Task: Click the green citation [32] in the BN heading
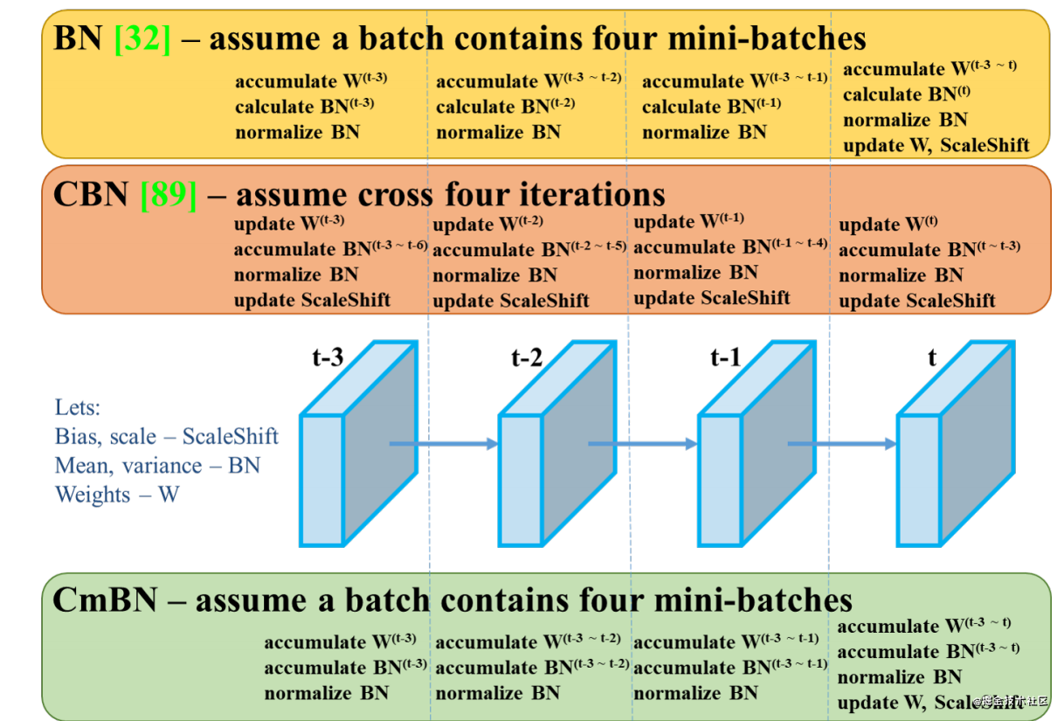(x=142, y=38)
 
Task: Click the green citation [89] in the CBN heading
(x=168, y=195)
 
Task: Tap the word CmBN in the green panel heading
(x=105, y=600)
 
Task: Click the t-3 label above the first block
(x=328, y=357)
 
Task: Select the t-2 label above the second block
(x=527, y=357)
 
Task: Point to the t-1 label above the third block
(x=726, y=357)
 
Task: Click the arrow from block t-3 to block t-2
(x=444, y=444)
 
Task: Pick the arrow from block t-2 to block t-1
(x=643, y=444)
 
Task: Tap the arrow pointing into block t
(x=842, y=444)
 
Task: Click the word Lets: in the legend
(x=78, y=407)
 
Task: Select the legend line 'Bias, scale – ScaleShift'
(x=166, y=437)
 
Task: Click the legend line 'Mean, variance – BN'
(x=157, y=466)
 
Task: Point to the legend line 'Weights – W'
(x=117, y=495)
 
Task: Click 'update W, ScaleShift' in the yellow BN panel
(x=936, y=145)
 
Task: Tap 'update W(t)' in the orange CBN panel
(x=888, y=224)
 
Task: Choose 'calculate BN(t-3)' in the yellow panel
(x=305, y=106)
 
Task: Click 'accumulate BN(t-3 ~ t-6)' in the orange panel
(x=330, y=248)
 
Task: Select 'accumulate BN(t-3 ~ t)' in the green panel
(x=929, y=651)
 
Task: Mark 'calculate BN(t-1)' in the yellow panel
(x=712, y=106)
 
